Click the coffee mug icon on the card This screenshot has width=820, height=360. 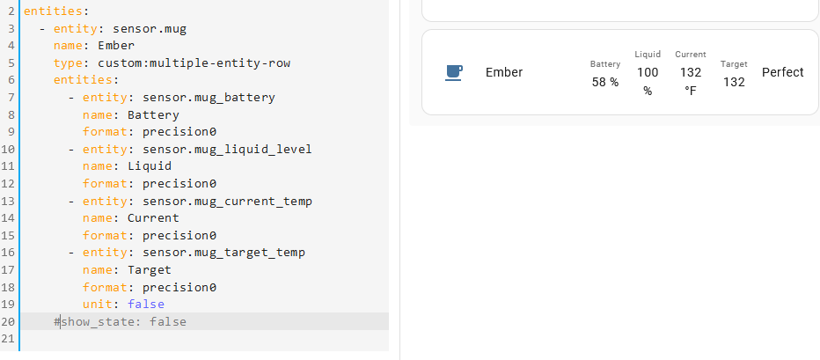point(454,73)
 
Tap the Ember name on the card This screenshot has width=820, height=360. point(504,72)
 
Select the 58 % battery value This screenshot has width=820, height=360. point(604,82)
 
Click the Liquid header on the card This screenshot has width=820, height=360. point(648,55)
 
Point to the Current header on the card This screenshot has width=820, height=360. point(691,55)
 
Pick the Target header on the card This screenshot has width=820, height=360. point(734,64)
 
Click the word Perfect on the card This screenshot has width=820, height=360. point(782,72)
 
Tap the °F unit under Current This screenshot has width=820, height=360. point(691,91)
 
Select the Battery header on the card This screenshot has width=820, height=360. point(605,64)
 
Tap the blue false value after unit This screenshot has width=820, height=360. point(146,305)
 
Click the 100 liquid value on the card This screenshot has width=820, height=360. point(648,72)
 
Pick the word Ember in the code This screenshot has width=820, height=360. point(116,45)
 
